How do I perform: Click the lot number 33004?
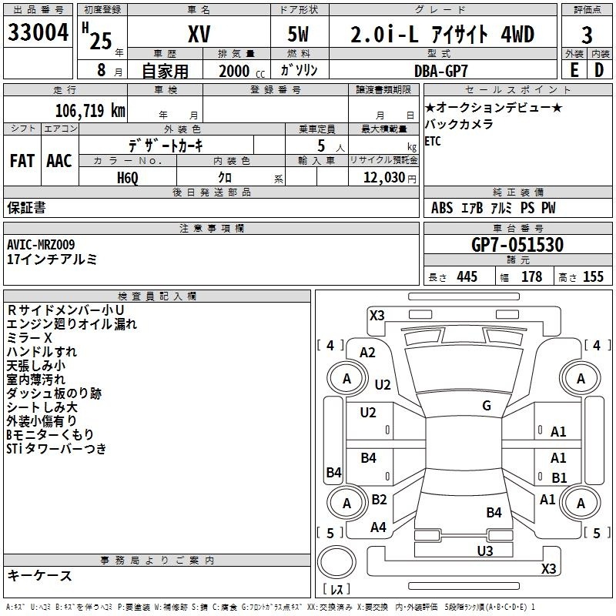(x=38, y=32)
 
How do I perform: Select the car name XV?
(x=199, y=34)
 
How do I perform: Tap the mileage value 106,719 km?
(x=90, y=111)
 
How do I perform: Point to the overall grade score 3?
(x=587, y=35)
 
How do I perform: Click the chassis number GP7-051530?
(x=517, y=245)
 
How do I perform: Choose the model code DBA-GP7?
(x=441, y=71)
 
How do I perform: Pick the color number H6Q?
(x=128, y=178)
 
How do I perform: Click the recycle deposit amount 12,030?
(x=384, y=178)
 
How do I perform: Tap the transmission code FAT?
(x=22, y=161)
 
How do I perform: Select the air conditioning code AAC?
(x=59, y=161)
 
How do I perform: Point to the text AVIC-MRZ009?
(x=41, y=245)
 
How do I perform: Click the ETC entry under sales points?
(x=433, y=141)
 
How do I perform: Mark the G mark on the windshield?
(x=487, y=406)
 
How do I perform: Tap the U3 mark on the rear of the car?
(x=485, y=551)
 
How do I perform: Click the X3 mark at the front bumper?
(x=377, y=315)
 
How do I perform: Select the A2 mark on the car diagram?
(x=367, y=353)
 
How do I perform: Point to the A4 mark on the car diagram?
(x=378, y=527)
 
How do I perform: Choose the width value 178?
(x=531, y=276)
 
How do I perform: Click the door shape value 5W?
(x=298, y=34)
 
